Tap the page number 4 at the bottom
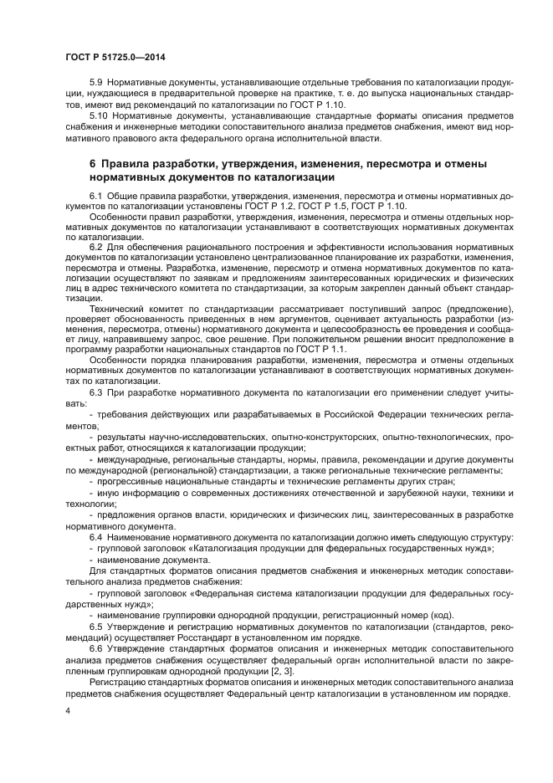click(x=68, y=711)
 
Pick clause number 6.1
click(x=96, y=195)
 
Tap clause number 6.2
click(x=96, y=247)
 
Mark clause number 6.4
click(x=96, y=536)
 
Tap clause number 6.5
click(x=96, y=626)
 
